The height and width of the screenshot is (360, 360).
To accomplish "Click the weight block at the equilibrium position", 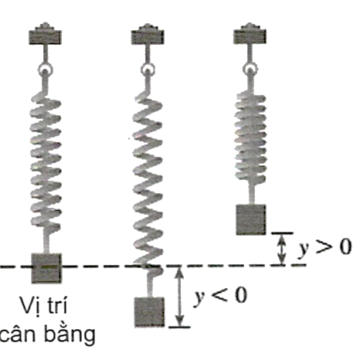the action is tap(46, 268).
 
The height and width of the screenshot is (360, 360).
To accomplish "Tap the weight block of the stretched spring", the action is tap(149, 312).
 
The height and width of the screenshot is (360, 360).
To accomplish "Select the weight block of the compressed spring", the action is tap(251, 219).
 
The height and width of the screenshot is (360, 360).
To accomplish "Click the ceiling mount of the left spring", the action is tap(45, 34).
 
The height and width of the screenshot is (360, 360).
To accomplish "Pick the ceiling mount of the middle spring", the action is tap(148, 34).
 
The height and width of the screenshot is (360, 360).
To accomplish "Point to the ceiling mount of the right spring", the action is tap(250, 34).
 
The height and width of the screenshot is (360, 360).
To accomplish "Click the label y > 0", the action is tap(325, 247).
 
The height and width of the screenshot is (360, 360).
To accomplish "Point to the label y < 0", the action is tap(221, 296).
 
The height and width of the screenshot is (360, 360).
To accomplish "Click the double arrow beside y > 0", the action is tap(283, 249).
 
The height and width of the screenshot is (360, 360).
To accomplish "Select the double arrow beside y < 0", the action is tap(179, 297).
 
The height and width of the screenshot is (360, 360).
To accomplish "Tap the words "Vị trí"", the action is tap(43, 306).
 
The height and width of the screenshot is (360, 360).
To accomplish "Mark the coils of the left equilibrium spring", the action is tap(46, 162).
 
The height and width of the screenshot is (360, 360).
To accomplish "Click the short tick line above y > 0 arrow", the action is tap(283, 233).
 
